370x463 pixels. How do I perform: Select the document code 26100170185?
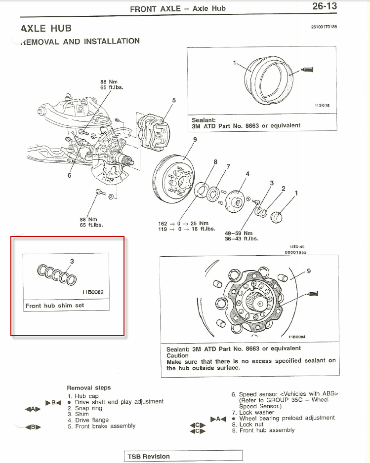[324, 26]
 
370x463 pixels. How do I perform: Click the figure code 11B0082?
[93, 292]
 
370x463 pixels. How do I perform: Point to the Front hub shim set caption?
[55, 306]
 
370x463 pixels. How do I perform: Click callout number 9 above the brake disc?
[195, 140]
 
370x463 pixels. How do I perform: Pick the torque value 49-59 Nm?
[239, 233]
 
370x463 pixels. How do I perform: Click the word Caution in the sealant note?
[178, 355]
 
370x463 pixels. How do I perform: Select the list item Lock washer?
[256, 412]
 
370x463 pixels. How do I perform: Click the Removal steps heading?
[89, 388]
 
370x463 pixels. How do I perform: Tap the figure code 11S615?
[322, 106]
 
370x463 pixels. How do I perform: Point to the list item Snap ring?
[89, 408]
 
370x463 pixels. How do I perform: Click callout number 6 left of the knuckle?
[69, 175]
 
